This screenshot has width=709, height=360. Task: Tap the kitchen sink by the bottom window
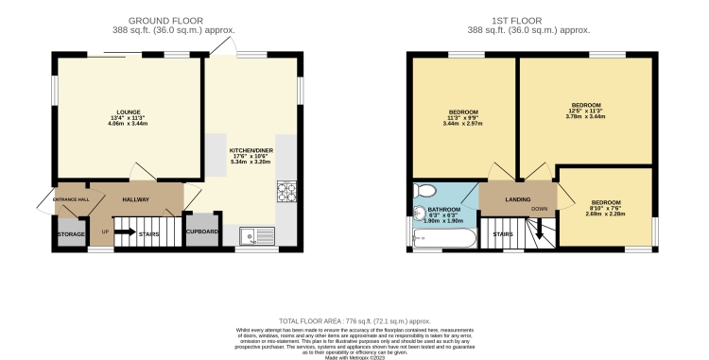pos(256,235)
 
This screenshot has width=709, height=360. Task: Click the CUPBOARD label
pos(202,231)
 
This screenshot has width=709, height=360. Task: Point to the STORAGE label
pos(72,232)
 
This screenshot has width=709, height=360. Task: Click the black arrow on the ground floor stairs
pos(126,231)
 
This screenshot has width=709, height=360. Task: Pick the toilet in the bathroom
pos(424,189)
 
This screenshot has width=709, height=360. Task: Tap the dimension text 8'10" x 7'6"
pos(606,208)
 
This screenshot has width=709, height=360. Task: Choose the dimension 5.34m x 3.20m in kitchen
pos(251,162)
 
